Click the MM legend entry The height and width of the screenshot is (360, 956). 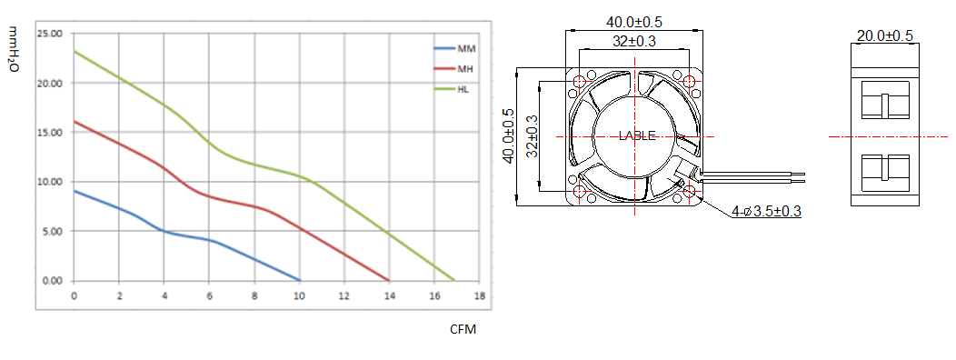[x=454, y=47]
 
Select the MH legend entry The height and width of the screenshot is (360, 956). [x=454, y=68]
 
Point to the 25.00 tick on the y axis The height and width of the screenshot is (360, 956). [x=50, y=34]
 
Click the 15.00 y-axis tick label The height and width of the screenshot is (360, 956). [x=50, y=133]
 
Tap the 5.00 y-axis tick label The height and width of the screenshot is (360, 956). [x=53, y=231]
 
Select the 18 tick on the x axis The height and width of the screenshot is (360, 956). [x=479, y=296]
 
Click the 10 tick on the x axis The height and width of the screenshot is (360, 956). [x=299, y=296]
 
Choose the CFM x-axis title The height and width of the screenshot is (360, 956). [x=463, y=330]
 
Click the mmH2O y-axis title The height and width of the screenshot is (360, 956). [x=15, y=50]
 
